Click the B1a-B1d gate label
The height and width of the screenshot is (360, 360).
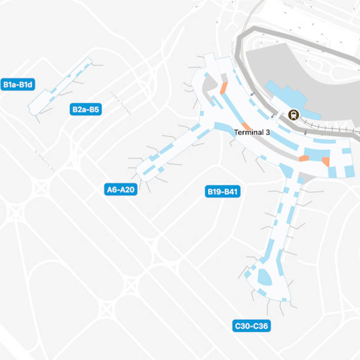click(x=18, y=84)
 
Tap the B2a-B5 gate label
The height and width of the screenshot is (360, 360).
click(x=86, y=110)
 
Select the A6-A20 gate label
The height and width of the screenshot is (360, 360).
click(x=121, y=190)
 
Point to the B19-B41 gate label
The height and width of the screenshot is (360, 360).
click(x=223, y=191)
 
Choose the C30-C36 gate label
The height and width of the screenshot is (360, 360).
click(x=251, y=326)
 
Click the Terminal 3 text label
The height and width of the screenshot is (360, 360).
click(x=252, y=132)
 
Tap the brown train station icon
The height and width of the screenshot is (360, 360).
click(x=293, y=115)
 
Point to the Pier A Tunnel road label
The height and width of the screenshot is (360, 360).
click(x=120, y=103)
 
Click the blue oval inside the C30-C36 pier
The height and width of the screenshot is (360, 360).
click(x=264, y=276)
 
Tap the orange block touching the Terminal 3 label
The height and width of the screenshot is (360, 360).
click(x=247, y=126)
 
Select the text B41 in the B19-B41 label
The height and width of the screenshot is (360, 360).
click(x=230, y=191)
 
